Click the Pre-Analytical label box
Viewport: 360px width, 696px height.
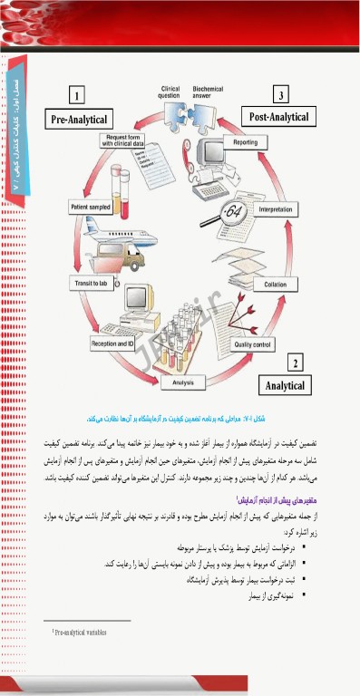pyautogui.click(x=79, y=119)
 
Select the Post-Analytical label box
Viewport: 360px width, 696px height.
pyautogui.click(x=279, y=117)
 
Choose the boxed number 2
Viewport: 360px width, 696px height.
pyautogui.click(x=295, y=363)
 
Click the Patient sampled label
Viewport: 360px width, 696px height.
pyautogui.click(x=91, y=208)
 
